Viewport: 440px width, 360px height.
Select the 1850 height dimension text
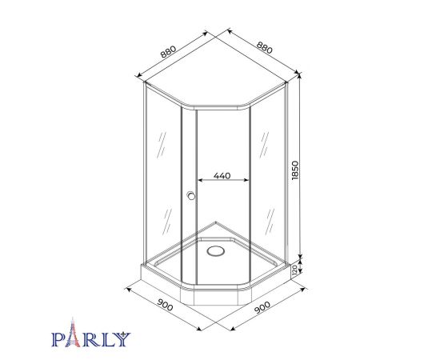295,170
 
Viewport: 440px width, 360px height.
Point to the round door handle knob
190,196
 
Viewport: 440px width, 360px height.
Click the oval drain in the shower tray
215,251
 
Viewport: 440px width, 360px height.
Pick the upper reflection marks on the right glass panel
266,146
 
